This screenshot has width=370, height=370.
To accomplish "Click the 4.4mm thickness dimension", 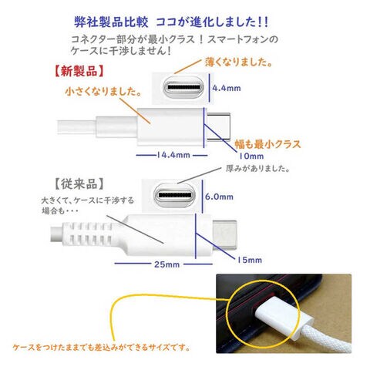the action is coord(227,88).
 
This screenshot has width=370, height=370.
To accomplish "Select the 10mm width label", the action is coord(251,156).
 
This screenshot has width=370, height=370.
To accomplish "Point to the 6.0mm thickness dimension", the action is coord(219,197).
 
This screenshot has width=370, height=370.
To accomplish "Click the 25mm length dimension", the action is coord(166,264).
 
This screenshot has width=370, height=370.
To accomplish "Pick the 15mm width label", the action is coord(249,260).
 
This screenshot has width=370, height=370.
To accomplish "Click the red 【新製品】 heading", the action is coord(79,71).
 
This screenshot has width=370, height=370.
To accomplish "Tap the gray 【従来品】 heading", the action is coord(79,184).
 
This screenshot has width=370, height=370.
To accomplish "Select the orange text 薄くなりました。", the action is coord(239,62).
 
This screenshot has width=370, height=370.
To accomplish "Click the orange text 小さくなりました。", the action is coord(104,92).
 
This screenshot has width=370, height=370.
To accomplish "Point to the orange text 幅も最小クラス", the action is coord(267,144).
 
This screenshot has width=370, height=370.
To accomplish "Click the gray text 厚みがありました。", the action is coord(258,169).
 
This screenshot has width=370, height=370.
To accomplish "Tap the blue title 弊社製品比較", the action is coord(112,22).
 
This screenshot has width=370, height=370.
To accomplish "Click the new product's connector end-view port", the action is coord(183,87).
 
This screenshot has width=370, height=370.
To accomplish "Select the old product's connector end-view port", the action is coord(175,195).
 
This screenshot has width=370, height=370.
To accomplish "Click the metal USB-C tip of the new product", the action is coord(219,126).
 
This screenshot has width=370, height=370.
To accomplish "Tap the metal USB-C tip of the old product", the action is coord(224,235).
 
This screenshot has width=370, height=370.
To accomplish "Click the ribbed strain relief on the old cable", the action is coord(89,234).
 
